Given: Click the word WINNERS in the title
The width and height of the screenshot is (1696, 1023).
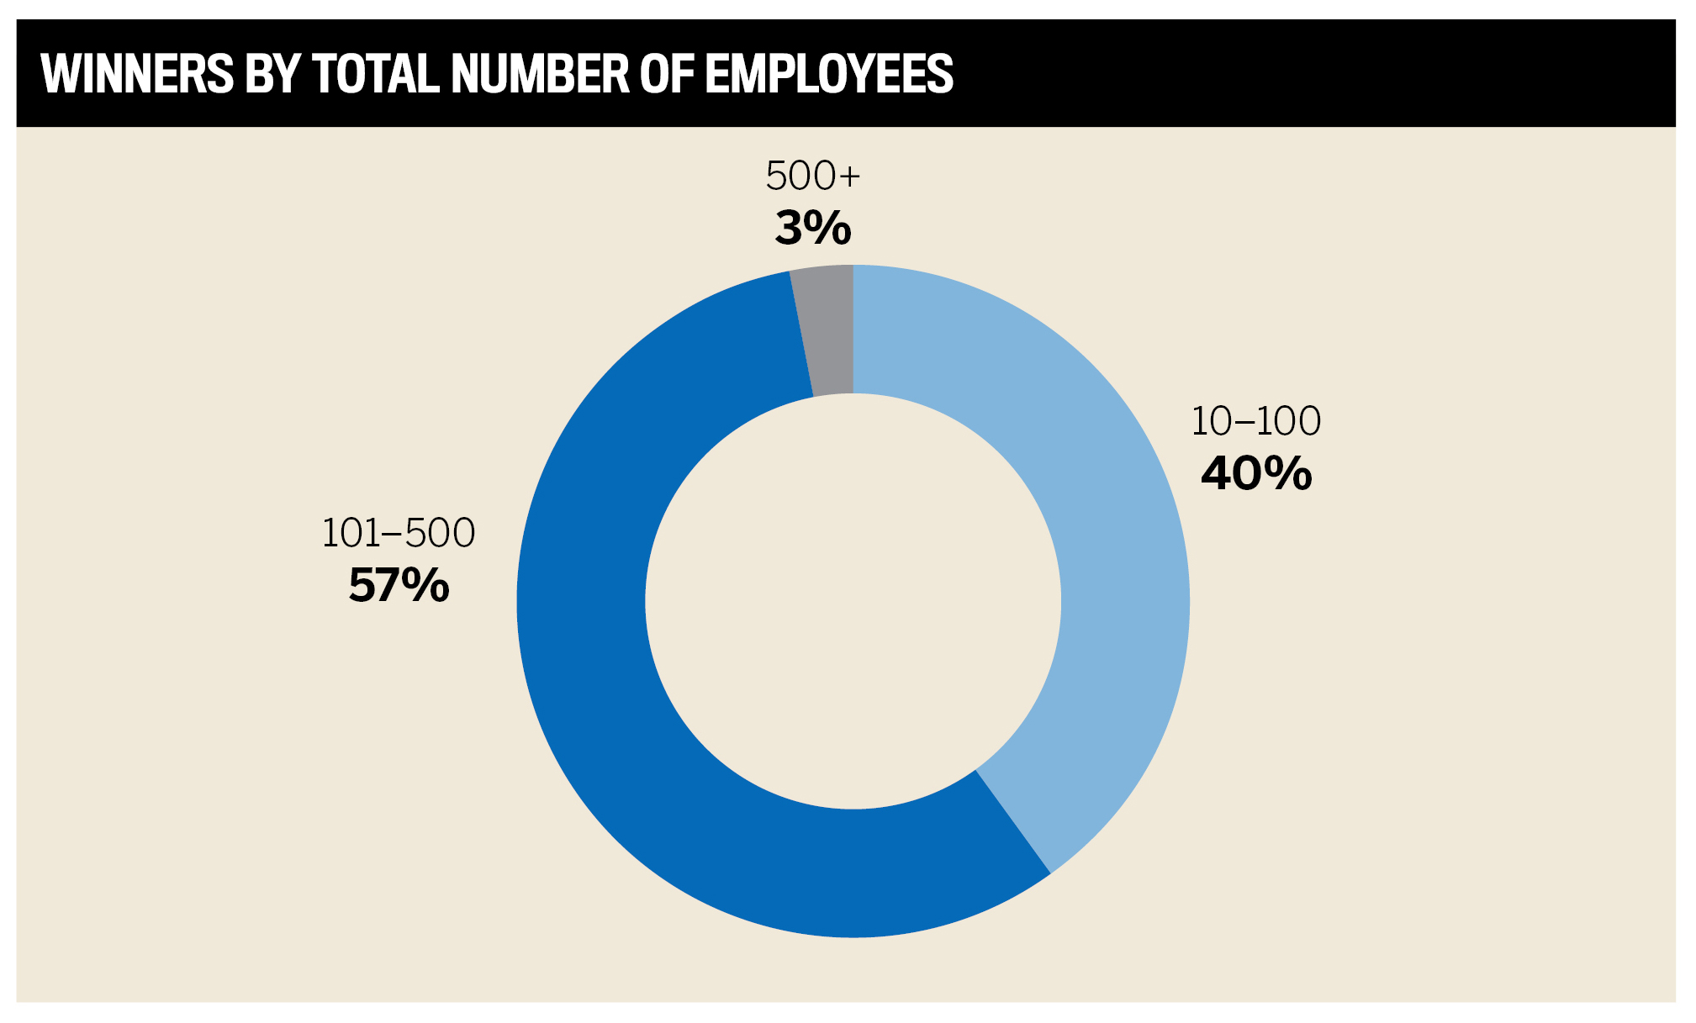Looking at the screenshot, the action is coord(137,74).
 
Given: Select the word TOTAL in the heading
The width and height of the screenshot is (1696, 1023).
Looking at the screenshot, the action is coord(376,74).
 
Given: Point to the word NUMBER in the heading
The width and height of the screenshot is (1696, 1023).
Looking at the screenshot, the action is coord(541,74).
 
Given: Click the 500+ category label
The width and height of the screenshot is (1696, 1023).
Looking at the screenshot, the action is coord(813,177).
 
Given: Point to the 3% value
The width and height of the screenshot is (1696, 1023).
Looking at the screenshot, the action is coord(813,229).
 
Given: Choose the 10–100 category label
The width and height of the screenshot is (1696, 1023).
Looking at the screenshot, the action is coord(1256,421).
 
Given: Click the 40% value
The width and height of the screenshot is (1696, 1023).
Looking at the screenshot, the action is coord(1256,473).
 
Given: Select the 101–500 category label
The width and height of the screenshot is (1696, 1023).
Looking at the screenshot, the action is coord(399,533).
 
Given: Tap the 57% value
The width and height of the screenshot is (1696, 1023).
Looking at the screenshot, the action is coord(399,585).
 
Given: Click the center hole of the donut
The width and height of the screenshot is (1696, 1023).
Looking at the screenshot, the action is coord(853,602).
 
